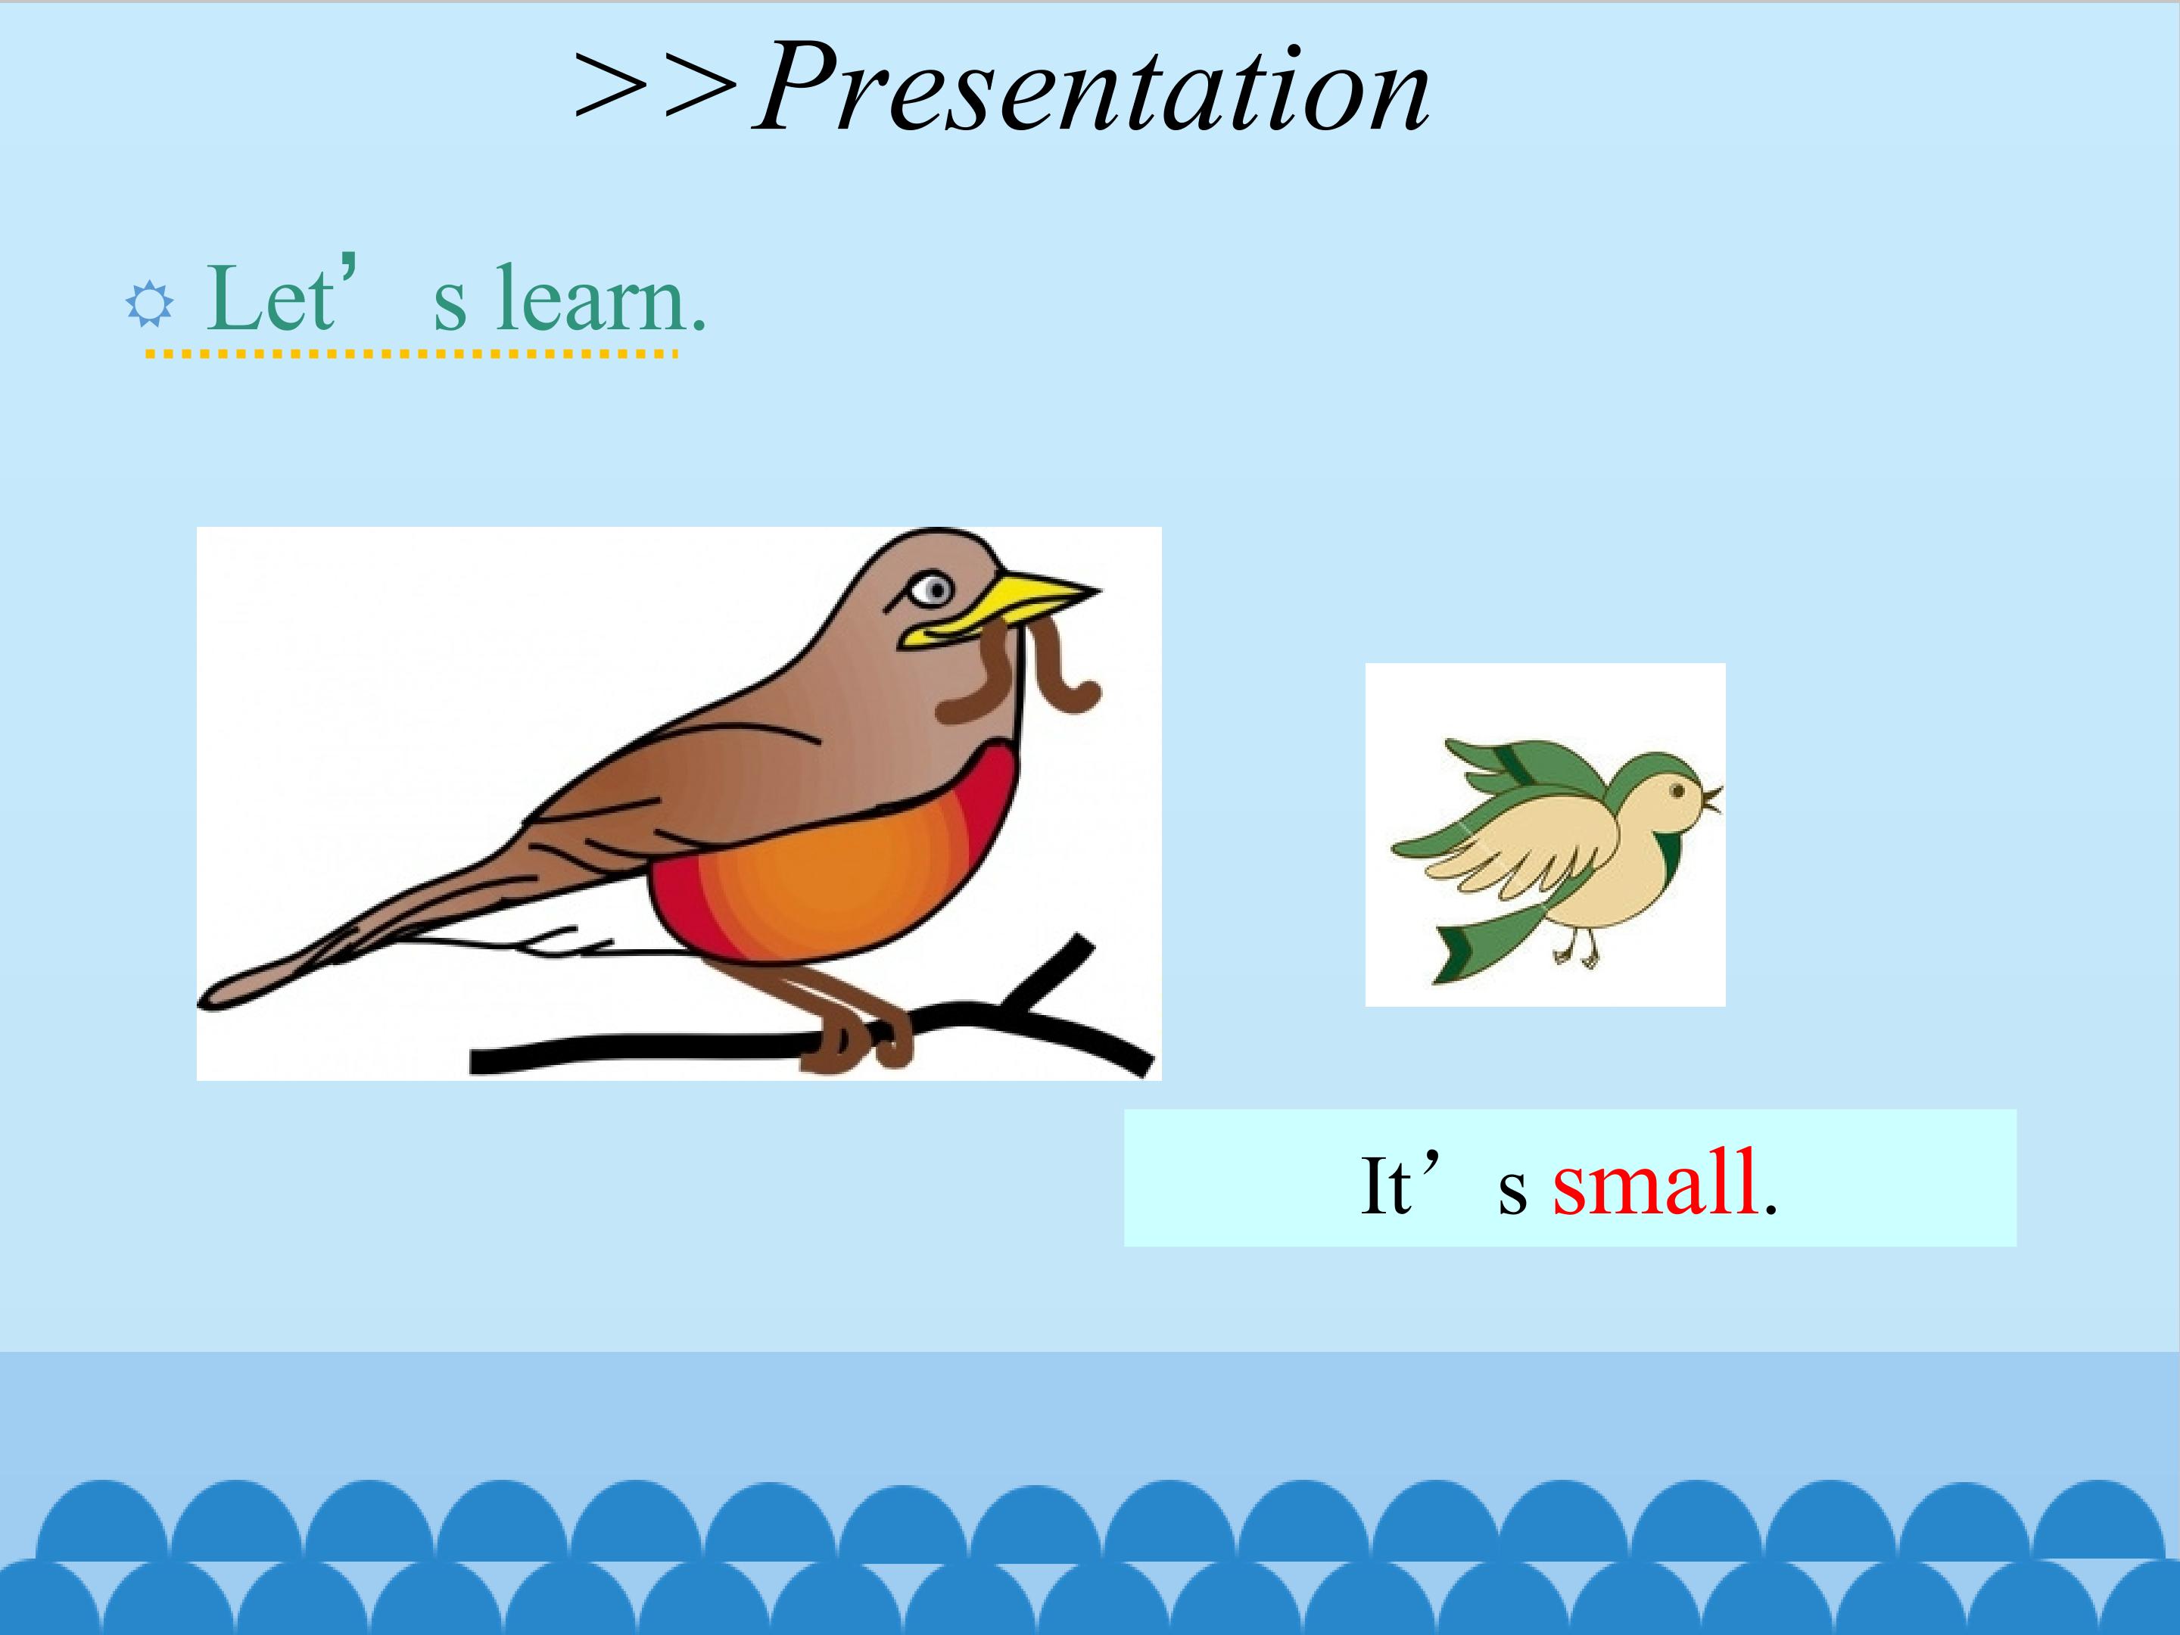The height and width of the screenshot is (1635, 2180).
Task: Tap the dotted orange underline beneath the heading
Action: click(x=412, y=352)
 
